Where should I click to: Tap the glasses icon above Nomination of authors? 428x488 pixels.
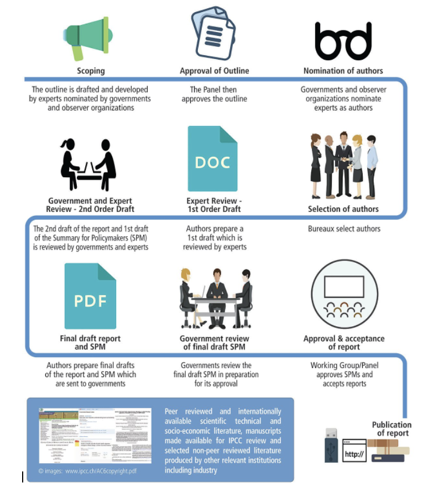pos(343,41)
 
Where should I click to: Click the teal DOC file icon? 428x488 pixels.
pos(213,158)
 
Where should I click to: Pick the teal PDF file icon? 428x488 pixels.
pos(90,296)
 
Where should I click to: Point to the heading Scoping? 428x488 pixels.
pos(91,71)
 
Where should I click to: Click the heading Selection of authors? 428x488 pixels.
pos(343,209)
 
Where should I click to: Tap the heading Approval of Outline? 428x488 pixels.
pos(215,71)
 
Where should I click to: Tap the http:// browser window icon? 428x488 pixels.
pos(354,451)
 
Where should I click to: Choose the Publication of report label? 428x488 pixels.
pos(392,429)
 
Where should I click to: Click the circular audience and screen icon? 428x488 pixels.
pos(343,296)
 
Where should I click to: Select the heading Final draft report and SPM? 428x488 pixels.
pos(90,342)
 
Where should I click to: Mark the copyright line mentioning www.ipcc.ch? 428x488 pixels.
pos(87,471)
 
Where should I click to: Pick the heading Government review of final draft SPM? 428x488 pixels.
pos(215,342)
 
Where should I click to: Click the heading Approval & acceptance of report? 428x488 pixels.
pos(344,342)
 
